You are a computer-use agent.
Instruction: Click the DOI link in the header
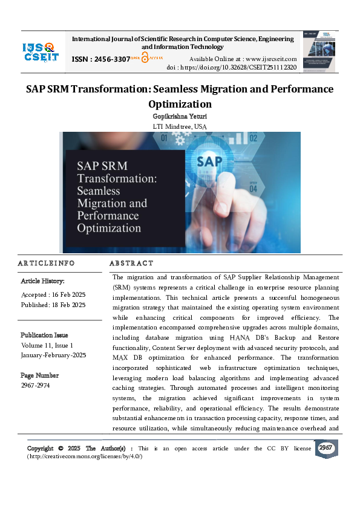[249, 68]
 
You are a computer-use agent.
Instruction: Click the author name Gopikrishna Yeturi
[180, 115]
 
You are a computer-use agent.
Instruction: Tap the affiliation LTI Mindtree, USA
[180, 126]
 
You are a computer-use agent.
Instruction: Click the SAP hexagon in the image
[210, 161]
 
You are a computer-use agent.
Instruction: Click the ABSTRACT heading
[131, 264]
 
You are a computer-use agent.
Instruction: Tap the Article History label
[43, 281]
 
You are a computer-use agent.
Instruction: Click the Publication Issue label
[44, 335]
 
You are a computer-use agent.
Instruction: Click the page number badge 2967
[326, 448]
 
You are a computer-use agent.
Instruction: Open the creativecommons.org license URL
[85, 456]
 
